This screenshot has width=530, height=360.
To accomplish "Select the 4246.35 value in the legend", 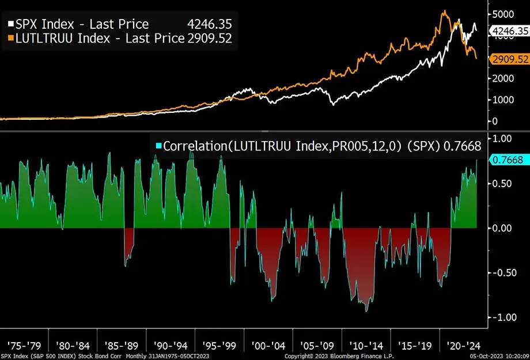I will [x=209, y=24].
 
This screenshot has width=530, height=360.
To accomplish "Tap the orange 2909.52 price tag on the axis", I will [x=508, y=59].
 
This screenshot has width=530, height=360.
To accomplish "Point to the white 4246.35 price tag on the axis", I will [x=508, y=31].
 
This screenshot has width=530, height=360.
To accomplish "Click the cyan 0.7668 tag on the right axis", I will [x=508, y=161].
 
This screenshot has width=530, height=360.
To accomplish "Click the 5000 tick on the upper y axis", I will [x=502, y=13].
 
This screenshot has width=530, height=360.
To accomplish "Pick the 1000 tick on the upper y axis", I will [x=502, y=99].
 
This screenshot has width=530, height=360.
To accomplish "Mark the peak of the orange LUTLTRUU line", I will [x=444, y=11].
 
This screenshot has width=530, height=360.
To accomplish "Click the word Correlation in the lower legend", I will [x=193, y=146].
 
